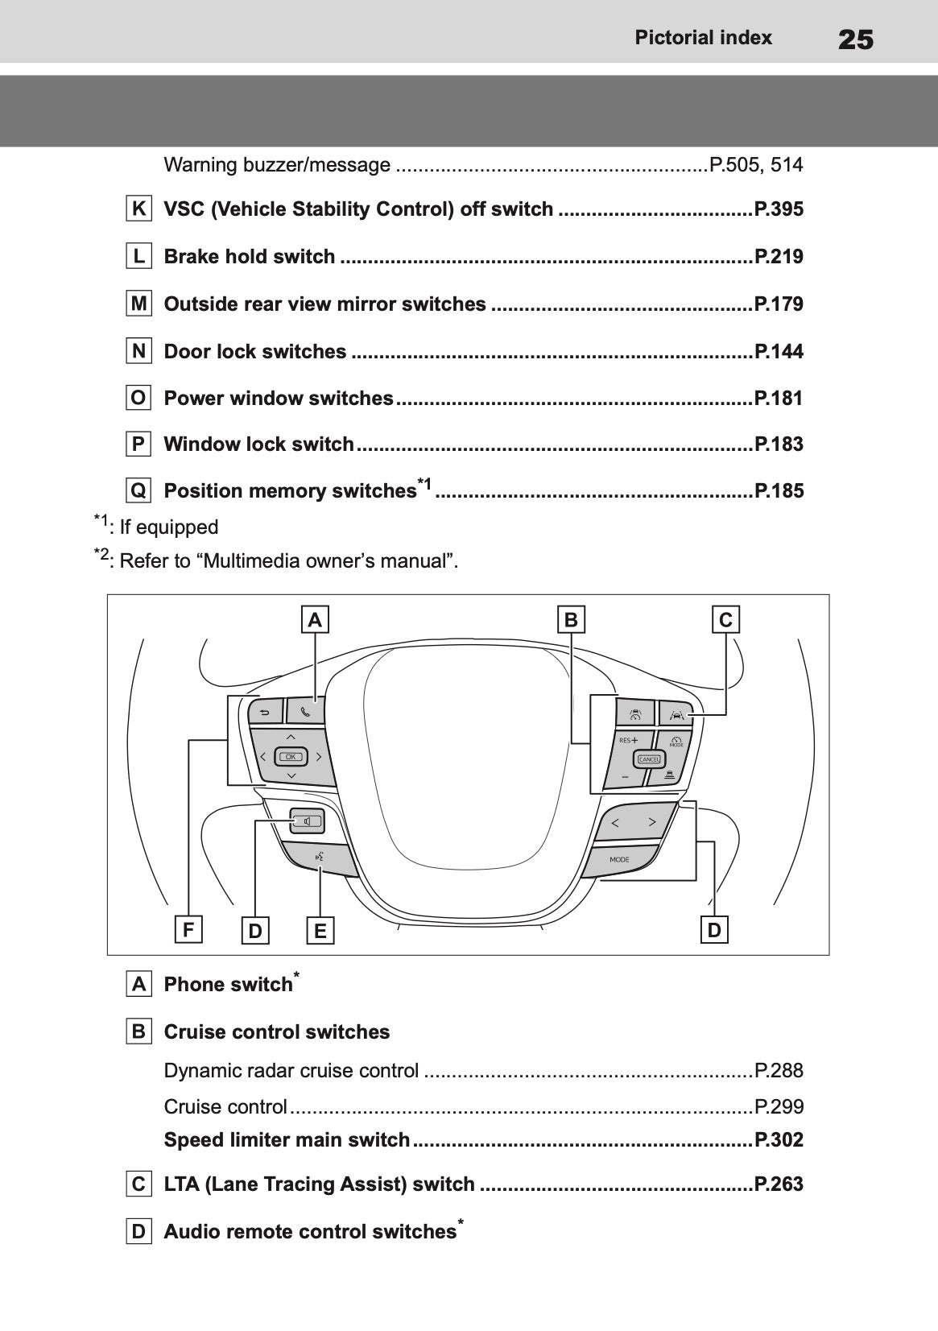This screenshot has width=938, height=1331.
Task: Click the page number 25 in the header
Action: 855,39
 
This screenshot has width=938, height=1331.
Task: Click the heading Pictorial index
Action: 703,38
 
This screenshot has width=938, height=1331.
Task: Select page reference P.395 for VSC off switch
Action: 779,209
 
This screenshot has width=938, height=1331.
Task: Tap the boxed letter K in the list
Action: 139,209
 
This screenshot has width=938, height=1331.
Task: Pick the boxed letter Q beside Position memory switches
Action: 139,490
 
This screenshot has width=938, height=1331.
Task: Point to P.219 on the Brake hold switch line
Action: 779,257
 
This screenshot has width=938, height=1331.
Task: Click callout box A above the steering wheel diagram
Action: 315,620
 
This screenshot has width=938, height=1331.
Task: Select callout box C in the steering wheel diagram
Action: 725,620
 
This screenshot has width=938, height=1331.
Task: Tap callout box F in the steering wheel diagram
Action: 188,930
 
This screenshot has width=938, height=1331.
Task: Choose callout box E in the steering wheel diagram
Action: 320,931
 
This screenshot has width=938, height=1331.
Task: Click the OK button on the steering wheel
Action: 291,756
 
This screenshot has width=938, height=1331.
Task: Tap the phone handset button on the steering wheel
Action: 305,712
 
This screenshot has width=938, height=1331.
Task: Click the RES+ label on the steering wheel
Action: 628,739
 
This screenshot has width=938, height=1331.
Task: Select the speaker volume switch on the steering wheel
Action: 307,822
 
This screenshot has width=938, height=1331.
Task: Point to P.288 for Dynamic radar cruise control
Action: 779,1071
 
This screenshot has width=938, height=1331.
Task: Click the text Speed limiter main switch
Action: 287,1140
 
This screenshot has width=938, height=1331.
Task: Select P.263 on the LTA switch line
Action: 779,1184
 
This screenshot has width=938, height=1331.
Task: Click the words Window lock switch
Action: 258,444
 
